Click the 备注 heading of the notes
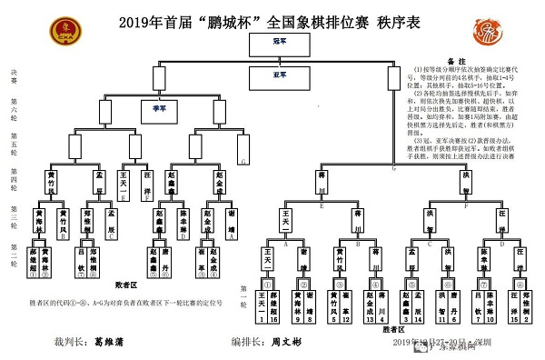pyautogui.click(x=457, y=56)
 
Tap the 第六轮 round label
pyautogui.click(x=13, y=113)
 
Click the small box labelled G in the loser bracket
pyautogui.click(x=242, y=156)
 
